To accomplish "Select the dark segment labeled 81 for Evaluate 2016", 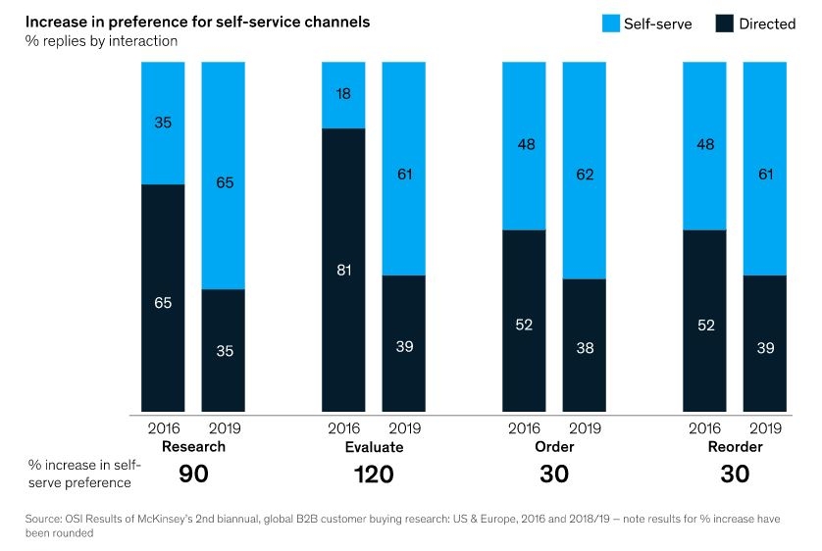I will [344, 270].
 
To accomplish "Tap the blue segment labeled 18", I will [344, 94].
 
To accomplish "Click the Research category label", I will [193, 446].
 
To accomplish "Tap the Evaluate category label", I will [374, 446].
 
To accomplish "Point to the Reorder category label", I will [735, 446].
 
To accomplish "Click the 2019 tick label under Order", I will [585, 428].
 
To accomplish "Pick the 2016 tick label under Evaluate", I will [344, 428].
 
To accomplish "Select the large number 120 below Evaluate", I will [374, 475].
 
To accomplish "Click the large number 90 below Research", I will [193, 475].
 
